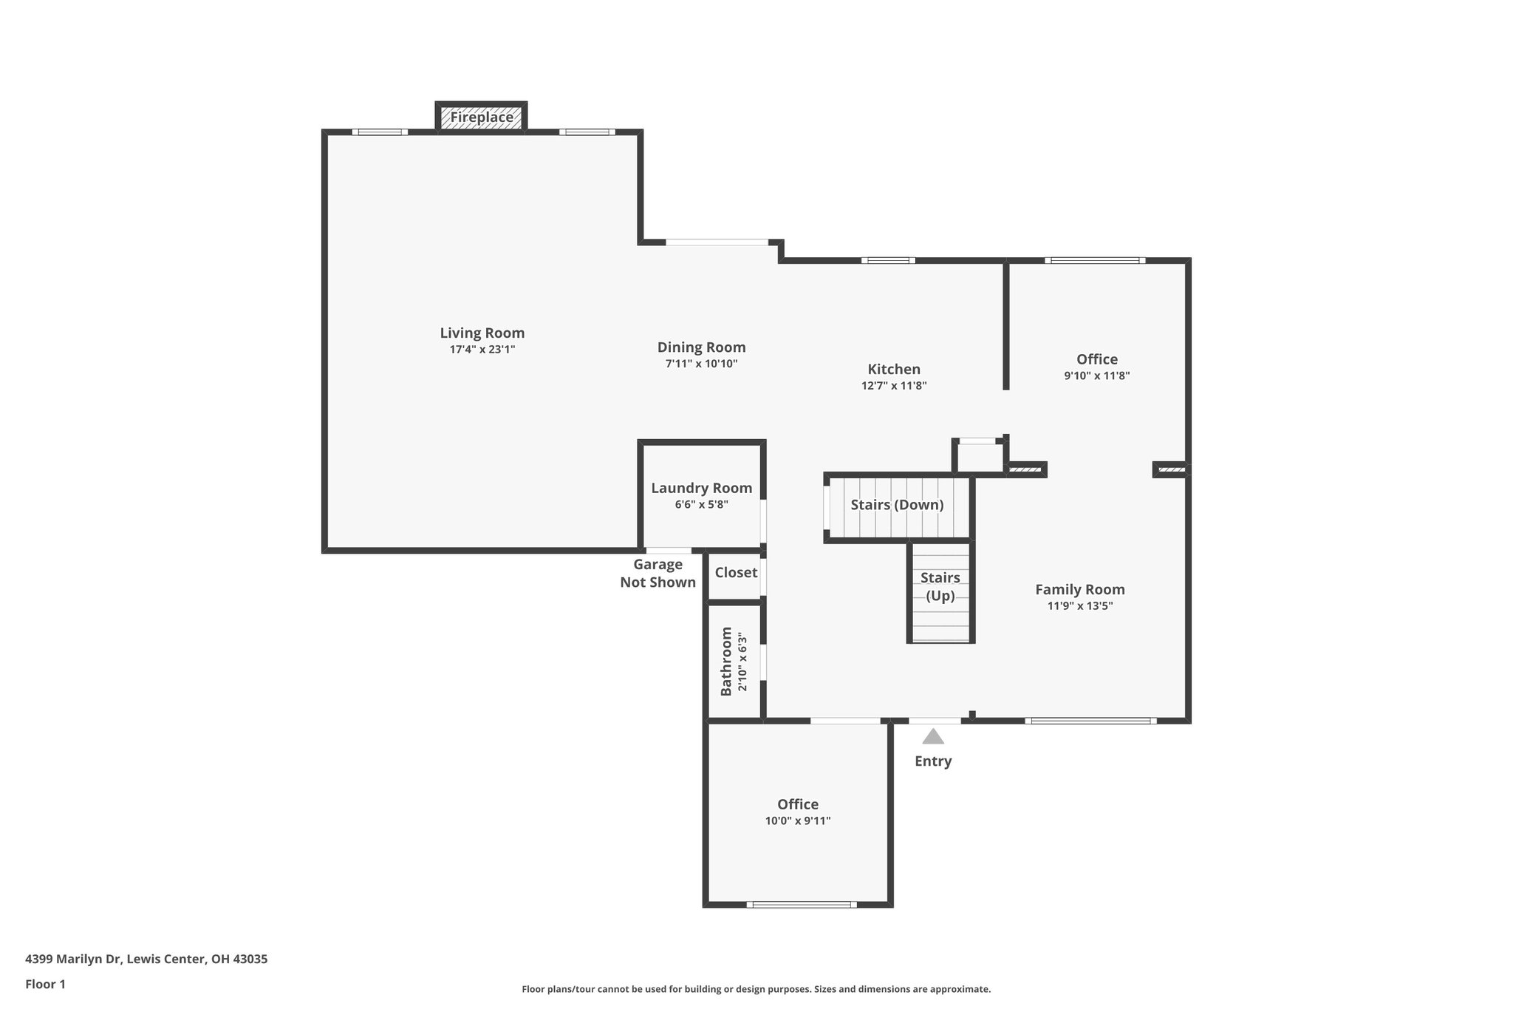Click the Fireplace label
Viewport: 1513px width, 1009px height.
pyautogui.click(x=482, y=118)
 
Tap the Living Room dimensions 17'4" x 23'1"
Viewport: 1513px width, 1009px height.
pyautogui.click(x=482, y=350)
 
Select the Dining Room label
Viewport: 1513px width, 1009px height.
pyautogui.click(x=701, y=347)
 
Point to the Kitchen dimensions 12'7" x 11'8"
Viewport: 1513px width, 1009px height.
pyautogui.click(x=893, y=386)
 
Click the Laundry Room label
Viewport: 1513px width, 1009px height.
pyautogui.click(x=701, y=488)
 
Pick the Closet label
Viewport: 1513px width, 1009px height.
pyautogui.click(x=736, y=573)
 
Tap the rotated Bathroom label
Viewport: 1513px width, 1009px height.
pyautogui.click(x=726, y=662)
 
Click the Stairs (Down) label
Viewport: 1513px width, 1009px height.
pyautogui.click(x=897, y=505)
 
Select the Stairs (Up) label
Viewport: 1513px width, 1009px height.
pyautogui.click(x=940, y=586)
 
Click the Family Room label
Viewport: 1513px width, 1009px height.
pyautogui.click(x=1079, y=589)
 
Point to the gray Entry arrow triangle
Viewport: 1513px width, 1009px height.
pyautogui.click(x=933, y=736)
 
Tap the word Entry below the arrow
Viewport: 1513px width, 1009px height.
pyautogui.click(x=933, y=761)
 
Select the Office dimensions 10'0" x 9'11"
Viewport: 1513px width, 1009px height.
pyautogui.click(x=798, y=821)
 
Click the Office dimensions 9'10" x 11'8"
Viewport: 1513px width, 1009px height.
pyautogui.click(x=1096, y=376)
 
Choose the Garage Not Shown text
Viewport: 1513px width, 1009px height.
pyautogui.click(x=658, y=574)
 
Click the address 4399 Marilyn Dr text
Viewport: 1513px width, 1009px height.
pyautogui.click(x=146, y=959)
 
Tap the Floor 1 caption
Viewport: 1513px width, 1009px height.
pyautogui.click(x=45, y=985)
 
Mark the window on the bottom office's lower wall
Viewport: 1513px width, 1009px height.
pyautogui.click(x=801, y=904)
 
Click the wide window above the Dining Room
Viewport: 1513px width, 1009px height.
pyautogui.click(x=717, y=242)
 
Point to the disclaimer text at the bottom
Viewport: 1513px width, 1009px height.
pyautogui.click(x=756, y=989)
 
